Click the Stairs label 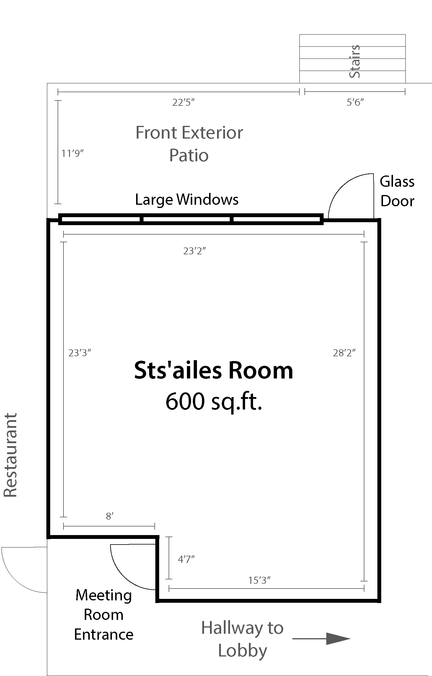coord(355,61)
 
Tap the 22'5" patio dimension coord(184,103)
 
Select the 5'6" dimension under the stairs coord(355,103)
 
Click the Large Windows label coord(187,199)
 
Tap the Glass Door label coord(397,191)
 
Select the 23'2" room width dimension coord(194,251)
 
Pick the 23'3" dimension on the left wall coord(80,353)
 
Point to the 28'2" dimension coord(344,353)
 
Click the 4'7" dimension coord(186,559)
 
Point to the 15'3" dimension coord(259,581)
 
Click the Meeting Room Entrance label coord(104,615)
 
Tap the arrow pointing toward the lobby coord(321,638)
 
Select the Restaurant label coord(10,455)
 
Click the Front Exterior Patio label coord(189,144)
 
